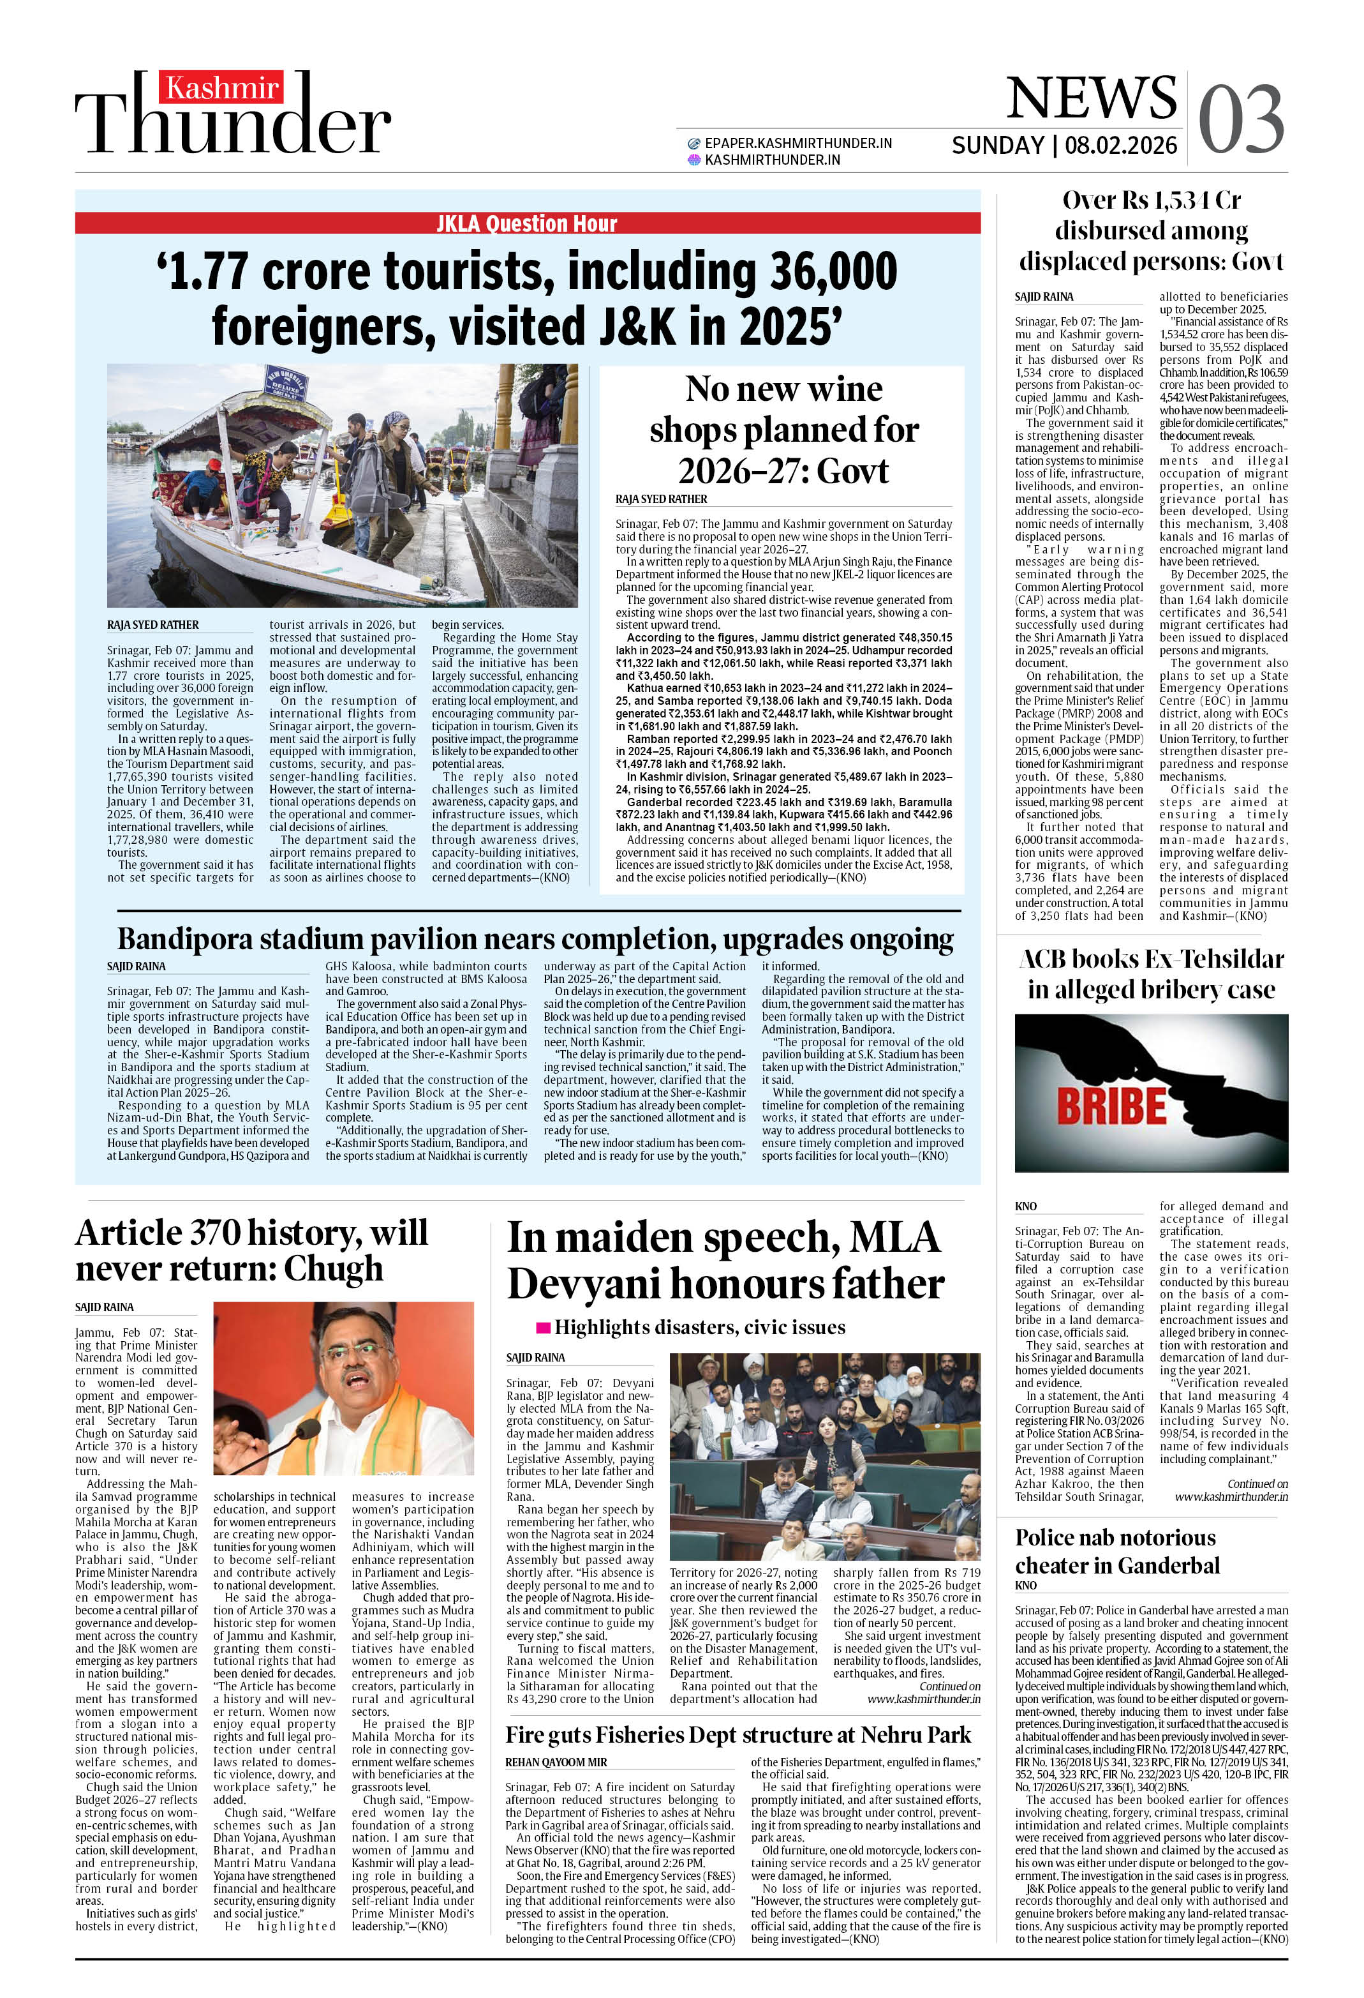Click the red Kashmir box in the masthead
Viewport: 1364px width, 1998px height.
pyautogui.click(x=222, y=87)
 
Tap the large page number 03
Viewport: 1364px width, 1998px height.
pyautogui.click(x=1240, y=119)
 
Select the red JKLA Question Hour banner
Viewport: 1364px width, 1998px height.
pyautogui.click(x=527, y=223)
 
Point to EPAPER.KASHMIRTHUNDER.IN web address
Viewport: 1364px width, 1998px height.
pyautogui.click(x=797, y=144)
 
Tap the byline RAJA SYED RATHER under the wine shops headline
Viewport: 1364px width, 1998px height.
pyautogui.click(x=661, y=499)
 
